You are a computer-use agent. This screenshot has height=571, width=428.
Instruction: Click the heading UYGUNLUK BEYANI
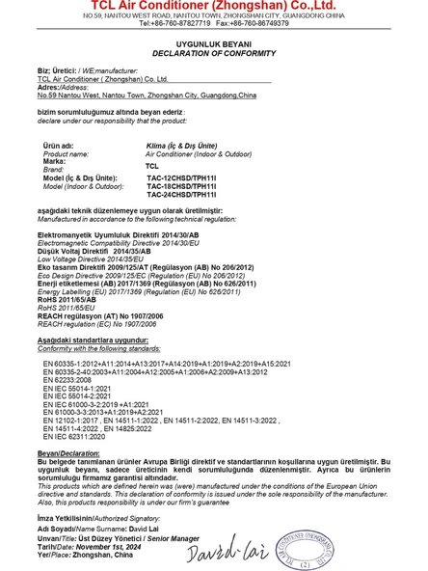(x=213, y=45)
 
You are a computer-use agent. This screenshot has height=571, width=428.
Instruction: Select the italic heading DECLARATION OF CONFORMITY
(x=213, y=54)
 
